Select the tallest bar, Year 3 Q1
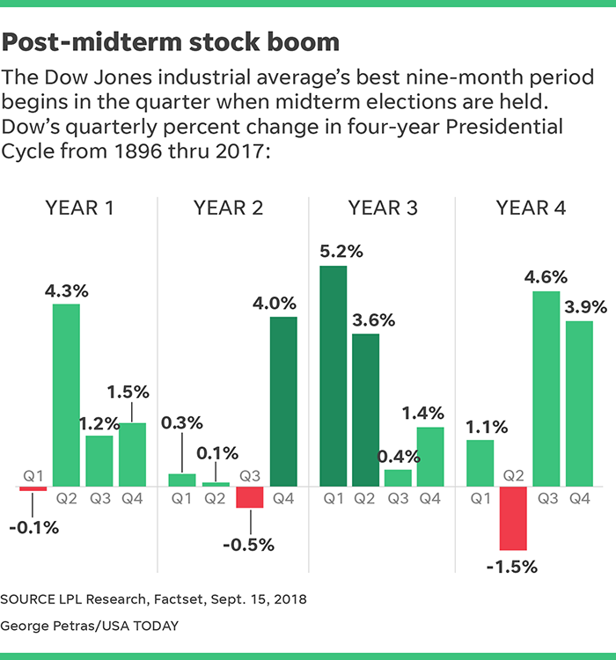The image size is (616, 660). pyautogui.click(x=334, y=376)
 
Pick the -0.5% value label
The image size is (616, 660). pyautogui.click(x=250, y=544)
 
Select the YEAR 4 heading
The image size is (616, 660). pyautogui.click(x=531, y=208)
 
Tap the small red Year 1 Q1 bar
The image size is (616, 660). pyautogui.click(x=33, y=488)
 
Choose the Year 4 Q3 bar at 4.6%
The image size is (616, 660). pyautogui.click(x=546, y=388)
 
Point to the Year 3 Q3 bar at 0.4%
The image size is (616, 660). pyautogui.click(x=398, y=478)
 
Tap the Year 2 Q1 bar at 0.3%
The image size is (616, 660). pyautogui.click(x=182, y=480)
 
